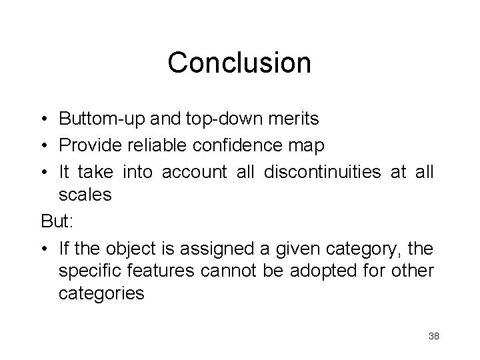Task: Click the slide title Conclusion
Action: point(239,63)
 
